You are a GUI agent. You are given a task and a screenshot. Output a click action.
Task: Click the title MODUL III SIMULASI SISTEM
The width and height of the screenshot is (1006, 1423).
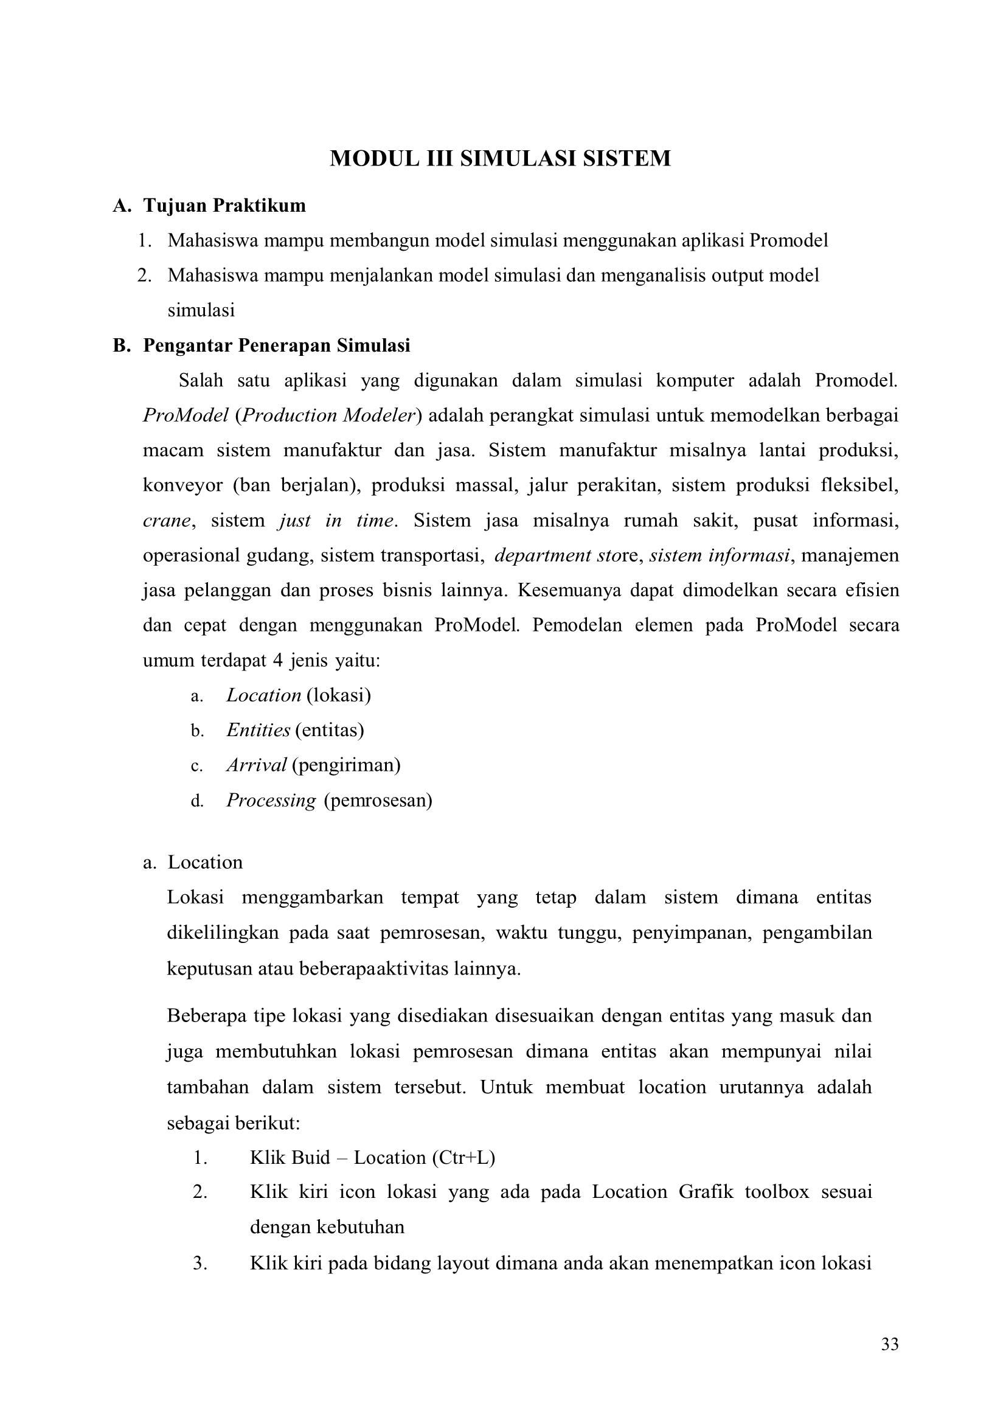pos(500,158)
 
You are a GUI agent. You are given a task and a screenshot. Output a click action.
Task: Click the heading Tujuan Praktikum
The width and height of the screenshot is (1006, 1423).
pos(224,205)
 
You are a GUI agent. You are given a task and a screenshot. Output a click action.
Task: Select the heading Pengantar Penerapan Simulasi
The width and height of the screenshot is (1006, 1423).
pos(276,345)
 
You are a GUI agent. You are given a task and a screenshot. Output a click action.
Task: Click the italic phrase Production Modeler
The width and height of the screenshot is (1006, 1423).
pos(328,416)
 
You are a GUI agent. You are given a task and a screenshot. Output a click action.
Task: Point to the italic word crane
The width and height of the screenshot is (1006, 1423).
pos(166,520)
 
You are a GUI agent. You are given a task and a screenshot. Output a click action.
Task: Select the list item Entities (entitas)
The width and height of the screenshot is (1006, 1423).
pos(295,730)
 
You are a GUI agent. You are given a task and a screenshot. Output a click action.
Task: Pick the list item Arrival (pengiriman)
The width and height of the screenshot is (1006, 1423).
pos(313,765)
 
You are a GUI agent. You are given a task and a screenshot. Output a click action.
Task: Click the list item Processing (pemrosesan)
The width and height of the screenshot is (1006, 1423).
pos(329,801)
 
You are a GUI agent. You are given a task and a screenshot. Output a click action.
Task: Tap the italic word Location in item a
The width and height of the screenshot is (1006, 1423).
pos(263,695)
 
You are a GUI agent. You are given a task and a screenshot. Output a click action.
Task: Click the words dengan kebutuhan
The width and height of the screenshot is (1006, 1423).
pos(327,1227)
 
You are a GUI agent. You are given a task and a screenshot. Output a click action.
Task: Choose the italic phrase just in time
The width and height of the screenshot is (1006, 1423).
pos(336,520)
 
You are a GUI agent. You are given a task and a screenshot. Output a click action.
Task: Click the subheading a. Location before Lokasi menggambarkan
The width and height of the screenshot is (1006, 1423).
pos(204,862)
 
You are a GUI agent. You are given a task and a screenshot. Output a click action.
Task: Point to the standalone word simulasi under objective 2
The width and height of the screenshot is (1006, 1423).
pos(201,310)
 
